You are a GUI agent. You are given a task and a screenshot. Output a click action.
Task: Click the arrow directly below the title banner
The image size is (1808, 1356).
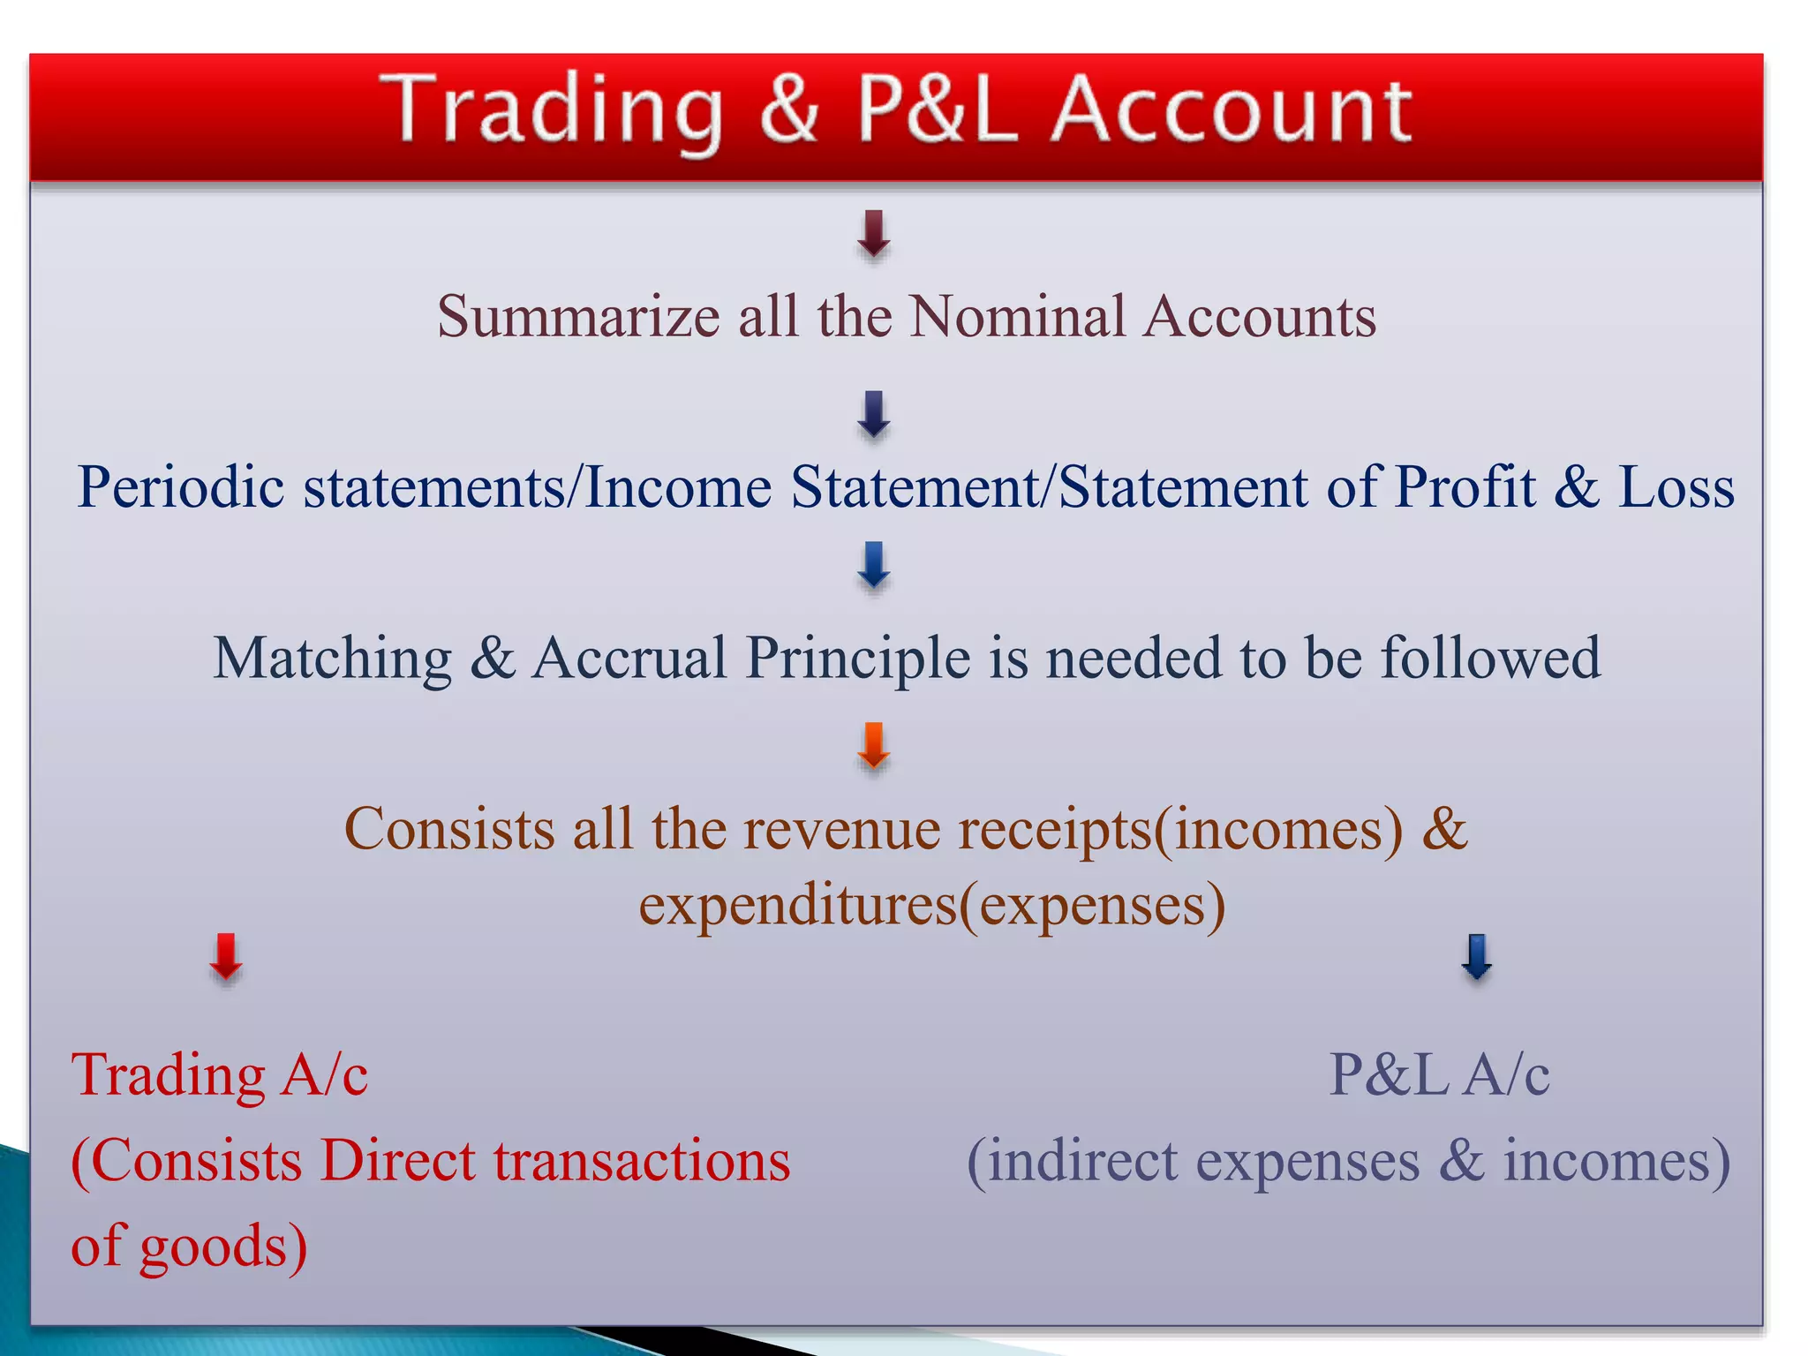[x=874, y=234]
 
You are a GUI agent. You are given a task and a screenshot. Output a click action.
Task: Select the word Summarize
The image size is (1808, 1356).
[x=578, y=317]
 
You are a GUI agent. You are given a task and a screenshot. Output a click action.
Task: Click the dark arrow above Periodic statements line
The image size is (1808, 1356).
[x=874, y=415]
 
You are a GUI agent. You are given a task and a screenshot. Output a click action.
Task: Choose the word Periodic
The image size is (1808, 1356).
[x=180, y=487]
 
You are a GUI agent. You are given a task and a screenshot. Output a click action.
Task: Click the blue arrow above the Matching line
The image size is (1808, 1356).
[x=874, y=566]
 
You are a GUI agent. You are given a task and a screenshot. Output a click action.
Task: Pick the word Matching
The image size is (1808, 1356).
[x=332, y=659]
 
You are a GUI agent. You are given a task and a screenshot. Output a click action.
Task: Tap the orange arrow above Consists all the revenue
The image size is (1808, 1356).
[x=874, y=747]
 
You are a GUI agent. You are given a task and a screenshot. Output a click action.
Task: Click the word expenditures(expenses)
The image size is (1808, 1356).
[x=932, y=906]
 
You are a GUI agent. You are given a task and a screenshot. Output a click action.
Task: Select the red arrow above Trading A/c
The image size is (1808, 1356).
[x=226, y=958]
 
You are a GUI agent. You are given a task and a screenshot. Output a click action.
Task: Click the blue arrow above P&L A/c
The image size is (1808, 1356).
[x=1477, y=958]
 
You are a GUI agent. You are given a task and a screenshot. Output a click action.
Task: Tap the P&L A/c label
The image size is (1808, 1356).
[x=1439, y=1075]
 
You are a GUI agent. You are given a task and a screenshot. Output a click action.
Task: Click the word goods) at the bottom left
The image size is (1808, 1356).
[x=223, y=1247]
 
